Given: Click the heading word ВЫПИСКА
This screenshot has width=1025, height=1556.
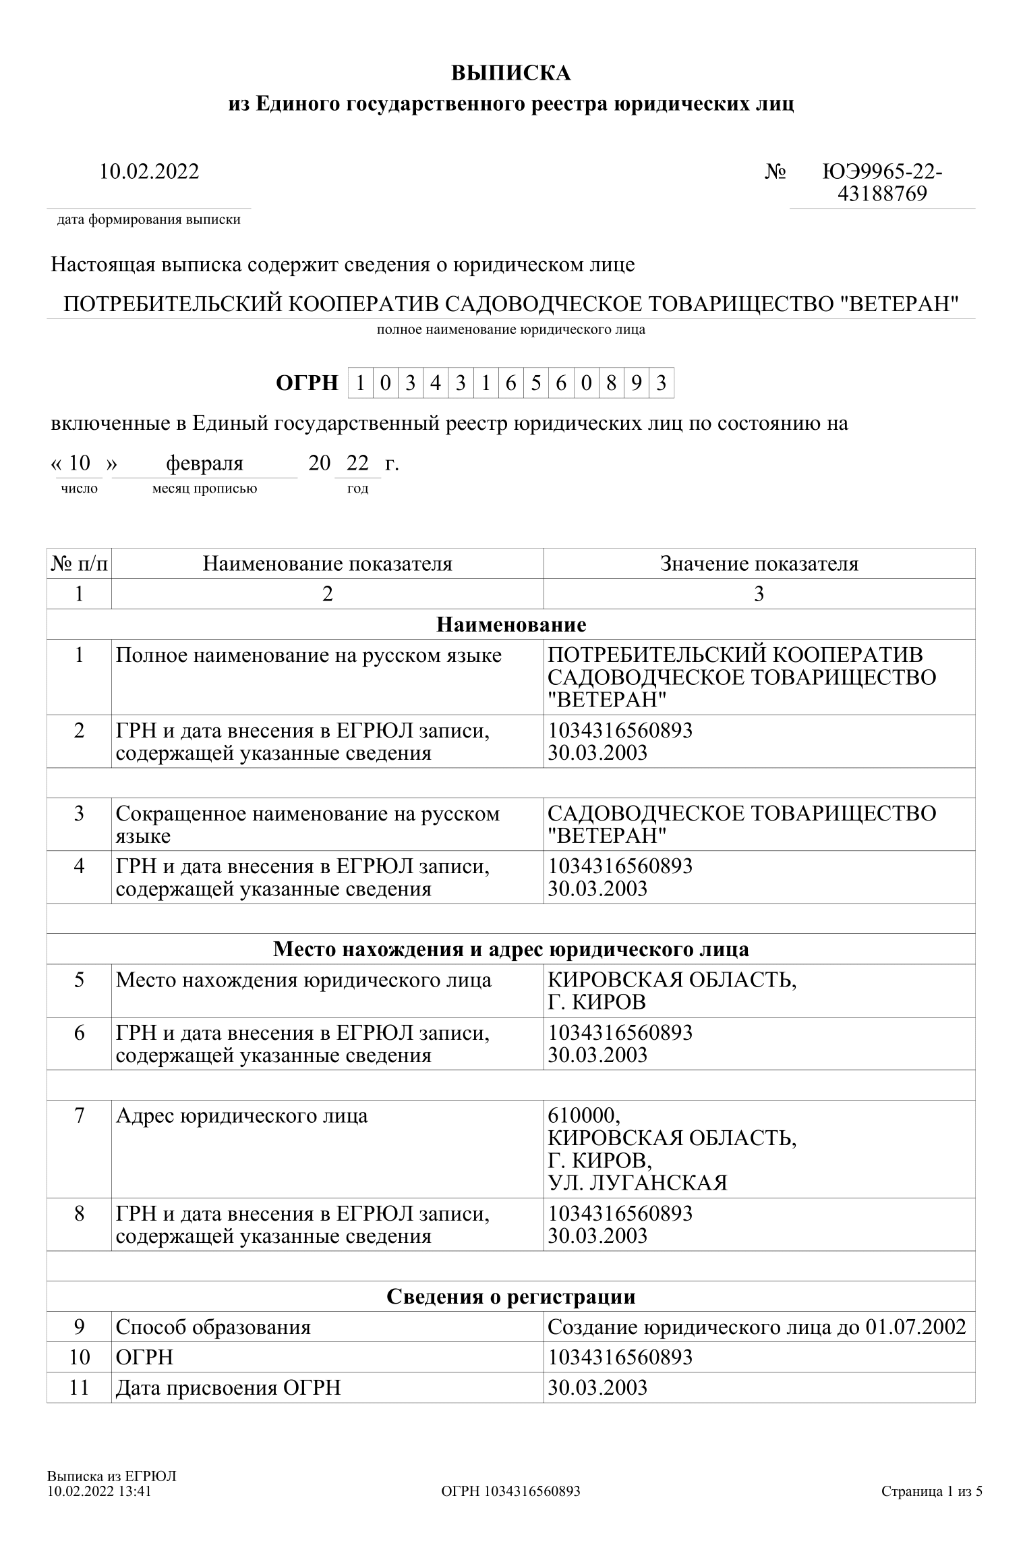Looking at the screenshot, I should pyautogui.click(x=511, y=73).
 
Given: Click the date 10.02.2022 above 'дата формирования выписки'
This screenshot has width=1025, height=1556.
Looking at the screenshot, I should pyautogui.click(x=149, y=171).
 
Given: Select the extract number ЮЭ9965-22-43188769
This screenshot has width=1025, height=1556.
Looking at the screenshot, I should pyautogui.click(x=882, y=183).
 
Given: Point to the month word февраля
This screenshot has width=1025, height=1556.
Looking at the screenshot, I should pyautogui.click(x=204, y=464).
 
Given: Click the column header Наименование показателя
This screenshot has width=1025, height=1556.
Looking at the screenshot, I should pyautogui.click(x=327, y=563).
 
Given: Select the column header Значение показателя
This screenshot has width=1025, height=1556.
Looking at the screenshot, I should pyautogui.click(x=759, y=563).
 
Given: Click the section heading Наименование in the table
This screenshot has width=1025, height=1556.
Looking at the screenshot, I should pyautogui.click(x=511, y=624).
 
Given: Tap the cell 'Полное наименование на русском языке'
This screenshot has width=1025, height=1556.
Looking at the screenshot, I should pyautogui.click(x=309, y=655).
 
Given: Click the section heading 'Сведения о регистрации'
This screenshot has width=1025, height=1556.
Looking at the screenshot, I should pyautogui.click(x=511, y=1296).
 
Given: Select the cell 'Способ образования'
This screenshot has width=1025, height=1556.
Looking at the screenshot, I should pyautogui.click(x=213, y=1327).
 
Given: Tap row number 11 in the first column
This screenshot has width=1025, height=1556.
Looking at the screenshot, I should pyautogui.click(x=79, y=1388).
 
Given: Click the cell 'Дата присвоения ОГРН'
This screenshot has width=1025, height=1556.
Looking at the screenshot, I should pyautogui.click(x=228, y=1388).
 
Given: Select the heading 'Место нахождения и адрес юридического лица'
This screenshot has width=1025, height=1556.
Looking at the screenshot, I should pyautogui.click(x=511, y=949).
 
